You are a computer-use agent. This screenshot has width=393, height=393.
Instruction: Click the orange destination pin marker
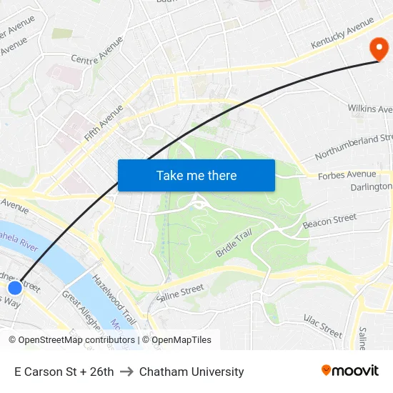pyautogui.click(x=378, y=49)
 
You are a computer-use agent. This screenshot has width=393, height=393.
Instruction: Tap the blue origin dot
pyautogui.click(x=15, y=288)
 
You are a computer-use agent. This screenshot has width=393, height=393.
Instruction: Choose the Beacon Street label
pyautogui.click(x=329, y=221)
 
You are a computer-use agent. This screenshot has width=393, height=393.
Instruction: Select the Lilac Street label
pyautogui.click(x=323, y=326)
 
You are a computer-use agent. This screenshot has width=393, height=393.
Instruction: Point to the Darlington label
pyautogui.click(x=372, y=186)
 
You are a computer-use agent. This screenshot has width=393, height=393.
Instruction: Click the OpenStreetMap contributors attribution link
pyautogui.click(x=76, y=340)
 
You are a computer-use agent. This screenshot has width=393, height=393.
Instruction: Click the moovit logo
pyautogui.click(x=349, y=371)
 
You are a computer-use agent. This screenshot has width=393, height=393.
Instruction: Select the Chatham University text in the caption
pyautogui.click(x=191, y=372)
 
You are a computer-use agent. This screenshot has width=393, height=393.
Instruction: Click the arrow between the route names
pyautogui.click(x=126, y=372)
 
